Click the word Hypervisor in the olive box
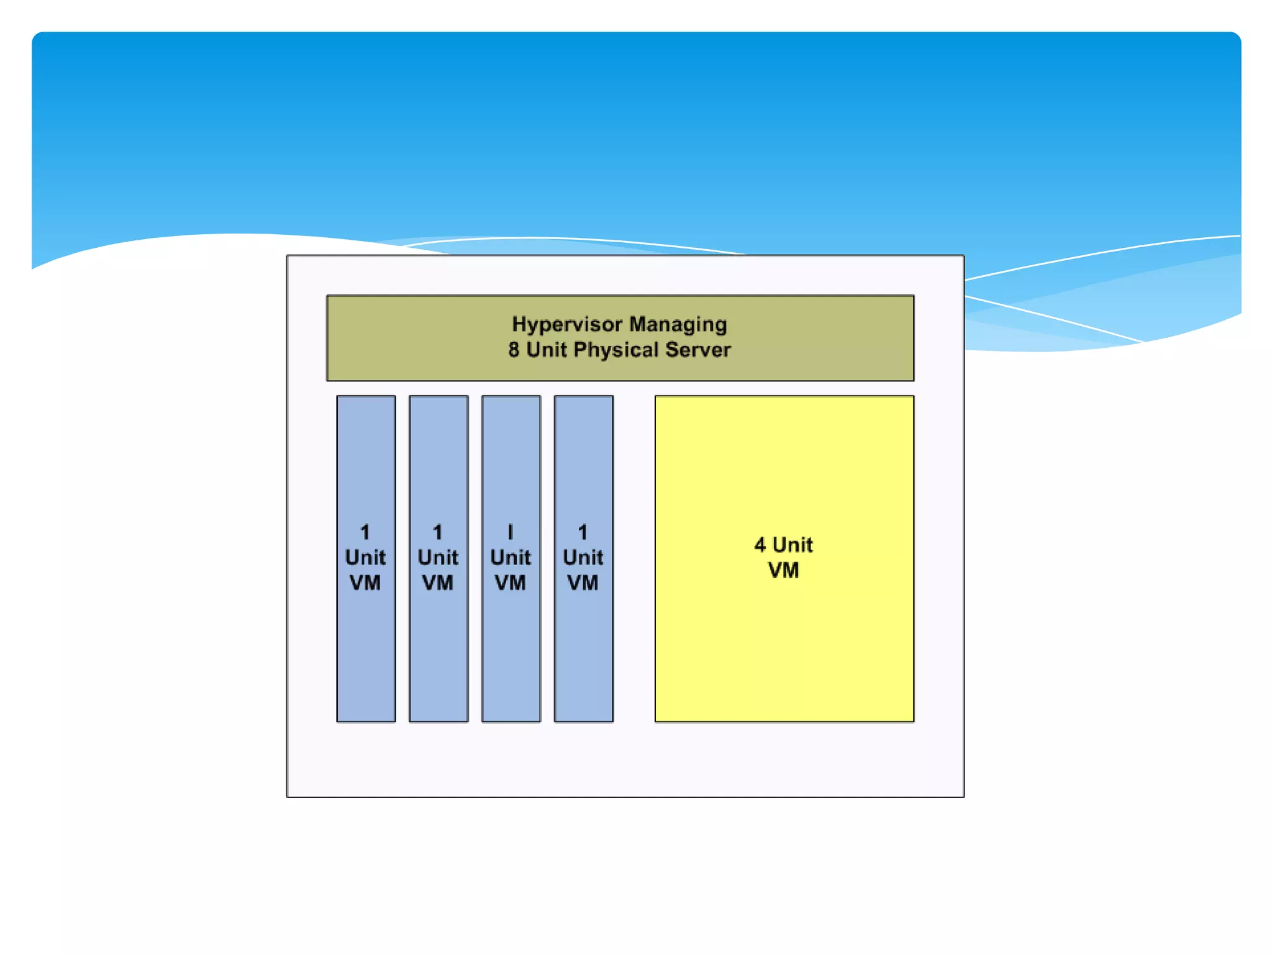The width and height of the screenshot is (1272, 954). [566, 325]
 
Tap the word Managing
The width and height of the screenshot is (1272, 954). [678, 325]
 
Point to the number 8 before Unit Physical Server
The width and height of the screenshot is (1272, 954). [514, 350]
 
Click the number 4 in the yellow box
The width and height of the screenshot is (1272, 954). [760, 545]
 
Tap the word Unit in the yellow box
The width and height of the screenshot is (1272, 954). [793, 545]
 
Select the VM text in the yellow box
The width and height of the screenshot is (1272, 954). [783, 571]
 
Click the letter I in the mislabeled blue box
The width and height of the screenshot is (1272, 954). [511, 532]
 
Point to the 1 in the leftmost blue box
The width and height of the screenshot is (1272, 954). [365, 532]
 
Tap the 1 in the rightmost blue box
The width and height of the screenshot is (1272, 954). [583, 532]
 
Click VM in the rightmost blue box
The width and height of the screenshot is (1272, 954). [583, 583]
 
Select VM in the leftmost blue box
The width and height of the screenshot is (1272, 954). [365, 583]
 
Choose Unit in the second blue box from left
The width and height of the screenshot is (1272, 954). [438, 558]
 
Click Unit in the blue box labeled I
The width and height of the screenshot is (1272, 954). [511, 558]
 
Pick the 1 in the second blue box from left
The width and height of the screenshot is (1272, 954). [438, 532]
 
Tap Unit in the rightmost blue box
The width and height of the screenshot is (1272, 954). [583, 558]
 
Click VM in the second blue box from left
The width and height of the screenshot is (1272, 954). [438, 583]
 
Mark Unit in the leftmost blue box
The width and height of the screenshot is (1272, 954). [365, 558]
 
